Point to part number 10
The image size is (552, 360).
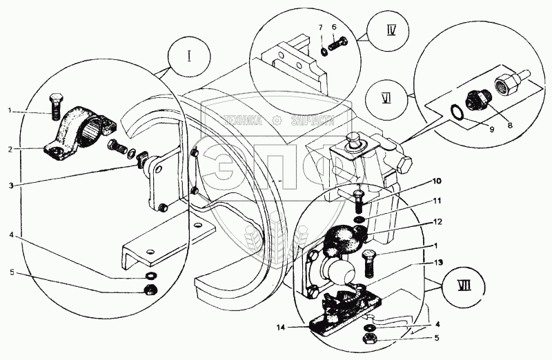click(417, 182)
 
